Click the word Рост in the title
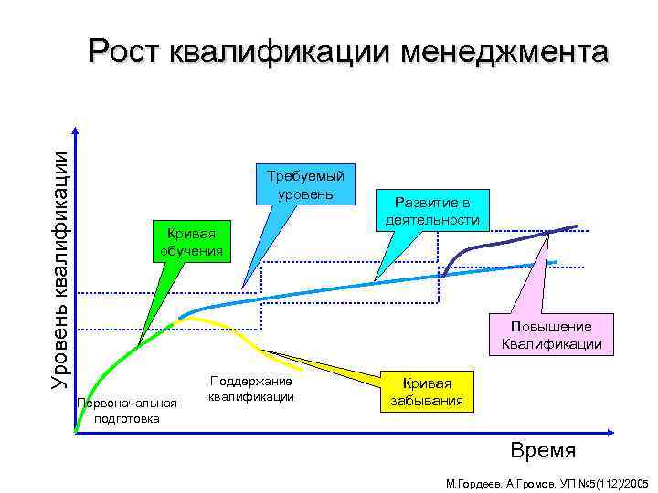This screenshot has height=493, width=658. pyautogui.click(x=126, y=52)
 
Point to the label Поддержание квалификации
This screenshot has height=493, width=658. pyautogui.click(x=250, y=388)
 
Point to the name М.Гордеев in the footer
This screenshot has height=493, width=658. pyautogui.click(x=472, y=480)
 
